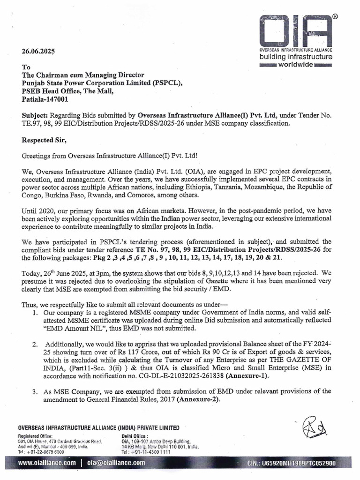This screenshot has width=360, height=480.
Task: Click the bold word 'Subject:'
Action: click(37, 115)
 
